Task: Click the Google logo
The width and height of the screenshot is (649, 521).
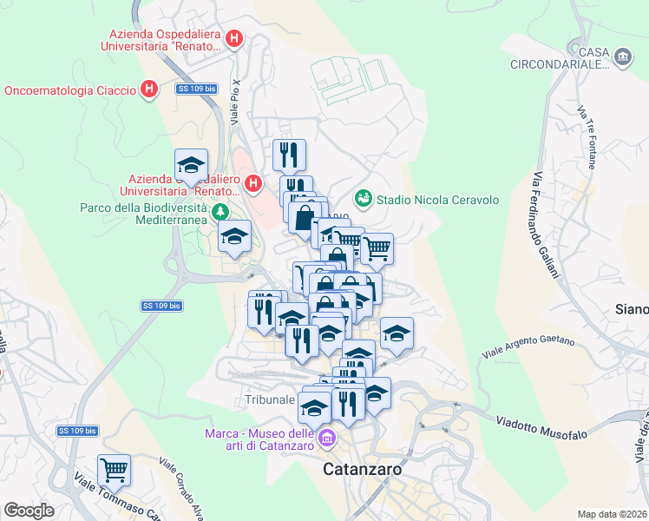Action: (x=29, y=511)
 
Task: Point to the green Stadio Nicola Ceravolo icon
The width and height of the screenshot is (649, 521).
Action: (x=363, y=199)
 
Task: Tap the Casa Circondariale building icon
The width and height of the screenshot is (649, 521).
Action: (x=622, y=57)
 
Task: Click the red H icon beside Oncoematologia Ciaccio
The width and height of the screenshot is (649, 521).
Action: (x=149, y=89)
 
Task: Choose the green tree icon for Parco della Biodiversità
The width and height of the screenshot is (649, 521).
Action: (x=221, y=212)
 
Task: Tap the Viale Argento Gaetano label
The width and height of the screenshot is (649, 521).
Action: (x=529, y=340)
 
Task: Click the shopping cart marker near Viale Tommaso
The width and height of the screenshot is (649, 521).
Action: (x=114, y=471)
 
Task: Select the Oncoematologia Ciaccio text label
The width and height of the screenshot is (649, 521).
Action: (x=70, y=90)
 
